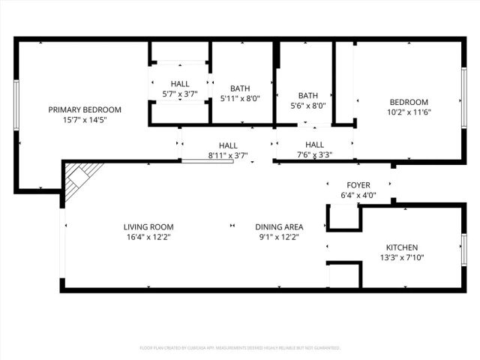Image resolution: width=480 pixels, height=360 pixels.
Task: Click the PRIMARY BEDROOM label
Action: (85, 109)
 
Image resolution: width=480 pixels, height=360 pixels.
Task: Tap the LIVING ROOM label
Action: (148, 226)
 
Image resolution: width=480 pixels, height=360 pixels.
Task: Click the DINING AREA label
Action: (279, 226)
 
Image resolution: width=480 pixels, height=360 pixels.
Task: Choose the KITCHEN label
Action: (402, 247)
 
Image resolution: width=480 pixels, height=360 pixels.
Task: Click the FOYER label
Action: (358, 185)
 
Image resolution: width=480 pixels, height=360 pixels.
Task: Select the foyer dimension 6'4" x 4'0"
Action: (358, 195)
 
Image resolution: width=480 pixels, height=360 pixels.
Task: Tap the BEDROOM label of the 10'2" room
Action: (408, 102)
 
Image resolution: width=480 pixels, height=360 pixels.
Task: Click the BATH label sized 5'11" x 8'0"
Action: (240, 88)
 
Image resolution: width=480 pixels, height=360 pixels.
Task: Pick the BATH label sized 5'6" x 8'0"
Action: (307, 95)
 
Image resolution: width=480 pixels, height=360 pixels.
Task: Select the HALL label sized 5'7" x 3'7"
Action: (180, 84)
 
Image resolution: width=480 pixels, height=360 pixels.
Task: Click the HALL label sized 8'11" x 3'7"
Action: (228, 145)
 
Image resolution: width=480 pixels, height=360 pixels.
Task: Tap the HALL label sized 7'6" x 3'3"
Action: (314, 145)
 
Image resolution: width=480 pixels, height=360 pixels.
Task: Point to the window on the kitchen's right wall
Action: (464, 250)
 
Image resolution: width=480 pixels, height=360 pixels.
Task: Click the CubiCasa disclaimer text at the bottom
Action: (240, 348)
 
